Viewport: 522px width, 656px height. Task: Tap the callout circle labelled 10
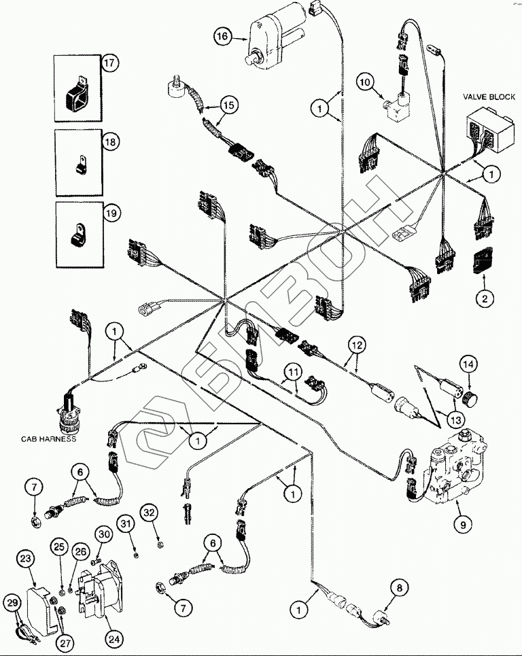point(365,82)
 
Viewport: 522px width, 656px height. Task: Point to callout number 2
point(485,297)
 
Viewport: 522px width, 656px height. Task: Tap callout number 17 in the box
point(109,64)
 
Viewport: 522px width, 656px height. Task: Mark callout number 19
point(109,213)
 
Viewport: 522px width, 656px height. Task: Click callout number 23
point(25,559)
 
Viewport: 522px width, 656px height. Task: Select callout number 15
point(229,105)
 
